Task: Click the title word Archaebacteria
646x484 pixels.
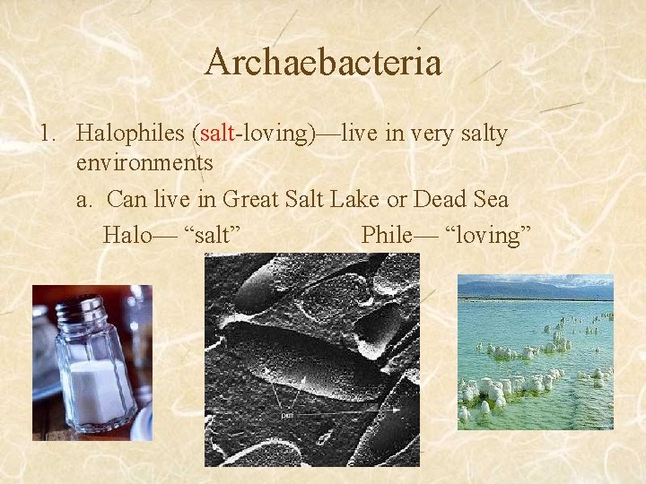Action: [x=323, y=63]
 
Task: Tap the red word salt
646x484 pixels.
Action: [x=217, y=134]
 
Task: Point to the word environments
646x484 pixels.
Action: [x=144, y=163]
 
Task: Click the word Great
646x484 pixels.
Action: [x=253, y=199]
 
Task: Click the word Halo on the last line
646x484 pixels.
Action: [x=127, y=235]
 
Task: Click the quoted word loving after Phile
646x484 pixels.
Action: [x=488, y=235]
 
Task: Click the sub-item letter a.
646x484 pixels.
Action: [x=83, y=199]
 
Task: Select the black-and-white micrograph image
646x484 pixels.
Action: [x=311, y=359]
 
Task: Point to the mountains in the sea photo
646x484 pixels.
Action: [x=538, y=289]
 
